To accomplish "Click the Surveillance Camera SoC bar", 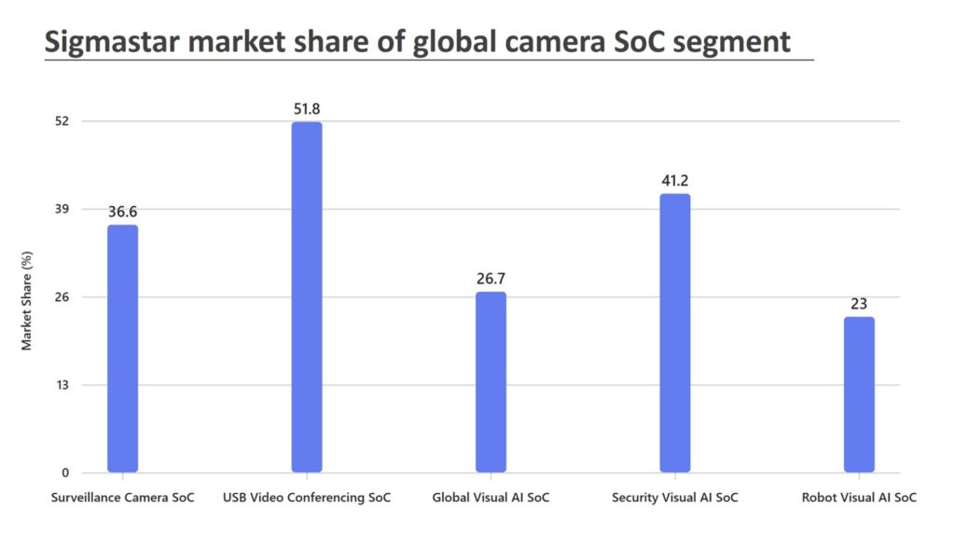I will pos(122,349).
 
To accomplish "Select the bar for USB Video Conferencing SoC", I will pos(307,297).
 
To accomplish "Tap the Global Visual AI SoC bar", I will pos(491,382).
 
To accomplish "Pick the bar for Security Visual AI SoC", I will pos(675,333).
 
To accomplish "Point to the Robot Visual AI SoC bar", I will pos(859,394).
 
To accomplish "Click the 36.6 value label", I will pos(122,212).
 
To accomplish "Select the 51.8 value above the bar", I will pos(307,109).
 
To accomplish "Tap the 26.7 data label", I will pos(491,279).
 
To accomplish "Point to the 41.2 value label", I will pos(675,181).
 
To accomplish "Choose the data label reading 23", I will pos(859,304).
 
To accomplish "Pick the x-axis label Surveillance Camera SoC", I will pos(122,498).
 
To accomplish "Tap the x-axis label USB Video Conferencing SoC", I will pos(307,498).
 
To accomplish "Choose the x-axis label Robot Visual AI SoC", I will pos(859,498).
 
